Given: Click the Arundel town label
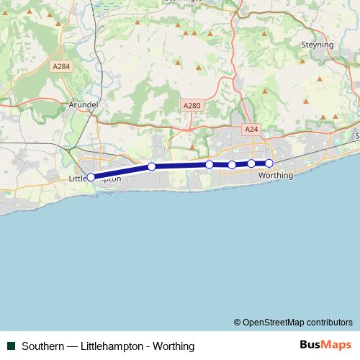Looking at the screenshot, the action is (x=82, y=104).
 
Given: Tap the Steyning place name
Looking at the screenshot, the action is (x=317, y=45).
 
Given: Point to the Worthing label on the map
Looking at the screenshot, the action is (x=275, y=175).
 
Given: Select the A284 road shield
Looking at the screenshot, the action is (x=61, y=66).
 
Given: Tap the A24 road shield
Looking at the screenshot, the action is (x=251, y=130).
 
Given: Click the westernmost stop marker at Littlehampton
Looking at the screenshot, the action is (x=91, y=176).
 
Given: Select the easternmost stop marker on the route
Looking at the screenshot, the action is (x=269, y=163).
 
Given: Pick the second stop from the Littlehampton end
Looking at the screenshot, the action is (x=152, y=167).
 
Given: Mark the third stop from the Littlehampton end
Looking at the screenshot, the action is (x=210, y=165).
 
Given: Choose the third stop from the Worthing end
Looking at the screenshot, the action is (x=232, y=165).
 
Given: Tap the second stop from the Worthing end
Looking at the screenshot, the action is (x=251, y=163).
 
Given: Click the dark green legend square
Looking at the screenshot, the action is (x=12, y=346).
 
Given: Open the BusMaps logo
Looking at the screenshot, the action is (x=324, y=346).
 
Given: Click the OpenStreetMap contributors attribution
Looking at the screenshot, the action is (x=293, y=322).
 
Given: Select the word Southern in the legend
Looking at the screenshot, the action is (x=42, y=346).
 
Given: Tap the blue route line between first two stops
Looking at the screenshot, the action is (x=121, y=171).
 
